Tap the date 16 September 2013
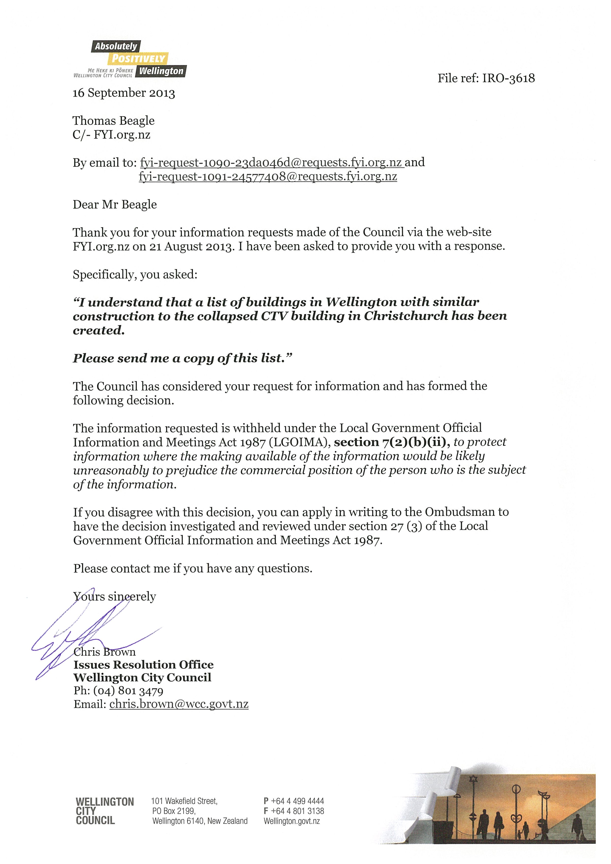click(124, 93)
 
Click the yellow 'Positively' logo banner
click(138, 58)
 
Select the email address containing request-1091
click(268, 176)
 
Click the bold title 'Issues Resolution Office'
click(143, 665)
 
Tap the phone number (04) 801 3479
click(128, 691)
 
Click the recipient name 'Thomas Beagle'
click(114, 121)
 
